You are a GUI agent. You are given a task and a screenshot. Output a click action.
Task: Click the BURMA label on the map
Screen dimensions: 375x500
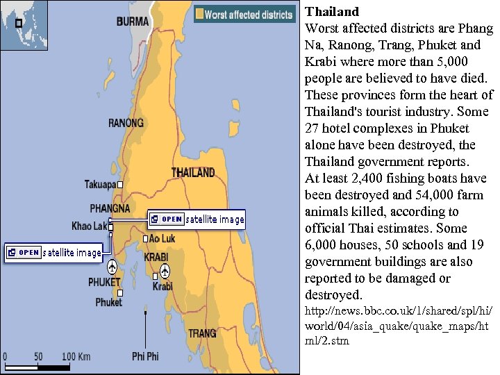[x=133, y=22]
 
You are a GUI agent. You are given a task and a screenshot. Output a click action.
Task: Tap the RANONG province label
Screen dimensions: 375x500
[x=126, y=124]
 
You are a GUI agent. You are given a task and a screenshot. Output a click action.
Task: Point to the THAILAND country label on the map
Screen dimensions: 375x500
[x=193, y=172]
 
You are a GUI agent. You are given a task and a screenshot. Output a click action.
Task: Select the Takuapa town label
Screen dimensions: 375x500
[x=100, y=185]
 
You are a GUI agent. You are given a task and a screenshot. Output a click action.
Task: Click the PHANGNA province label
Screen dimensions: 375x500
[x=110, y=208]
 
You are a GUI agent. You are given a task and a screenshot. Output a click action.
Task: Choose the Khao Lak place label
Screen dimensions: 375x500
[x=89, y=226]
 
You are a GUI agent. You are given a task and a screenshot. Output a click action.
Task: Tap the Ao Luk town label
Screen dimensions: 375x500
[x=162, y=238]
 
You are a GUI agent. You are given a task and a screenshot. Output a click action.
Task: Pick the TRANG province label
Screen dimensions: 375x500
[x=202, y=333]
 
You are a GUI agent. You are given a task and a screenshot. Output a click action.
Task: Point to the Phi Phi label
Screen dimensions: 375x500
[x=145, y=356]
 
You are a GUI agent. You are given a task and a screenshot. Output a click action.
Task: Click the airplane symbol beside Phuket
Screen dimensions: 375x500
[x=112, y=267]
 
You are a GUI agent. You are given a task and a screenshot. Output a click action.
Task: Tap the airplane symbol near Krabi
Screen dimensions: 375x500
[x=165, y=270]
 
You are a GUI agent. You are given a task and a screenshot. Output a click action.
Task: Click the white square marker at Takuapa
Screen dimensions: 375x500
[x=120, y=185]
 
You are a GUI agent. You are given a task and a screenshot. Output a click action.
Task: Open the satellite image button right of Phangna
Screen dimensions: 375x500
[x=197, y=219]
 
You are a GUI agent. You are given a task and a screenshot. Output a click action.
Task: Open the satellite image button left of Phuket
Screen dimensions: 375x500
[x=54, y=252]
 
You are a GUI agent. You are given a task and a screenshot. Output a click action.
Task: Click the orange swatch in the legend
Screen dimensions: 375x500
[x=200, y=15]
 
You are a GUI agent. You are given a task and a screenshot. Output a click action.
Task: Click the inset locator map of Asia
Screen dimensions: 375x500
[x=24, y=24]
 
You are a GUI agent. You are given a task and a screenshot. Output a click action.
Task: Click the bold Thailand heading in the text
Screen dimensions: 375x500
[x=333, y=12]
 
